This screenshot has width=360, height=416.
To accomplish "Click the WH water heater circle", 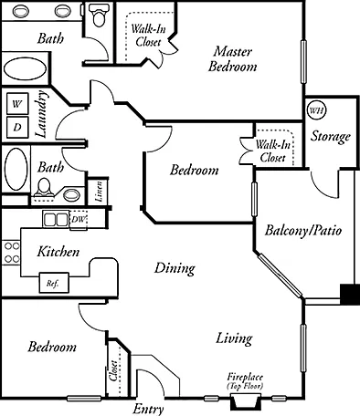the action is pos(316,109).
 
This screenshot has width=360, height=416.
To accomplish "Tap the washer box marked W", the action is pos(17,104).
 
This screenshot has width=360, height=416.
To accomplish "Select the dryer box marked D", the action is pos(17,127).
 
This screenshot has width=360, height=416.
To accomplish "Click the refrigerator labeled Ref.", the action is pos(54,283).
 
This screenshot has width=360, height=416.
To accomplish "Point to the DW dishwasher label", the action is pos(79,219).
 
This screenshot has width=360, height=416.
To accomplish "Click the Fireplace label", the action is pos(245,377).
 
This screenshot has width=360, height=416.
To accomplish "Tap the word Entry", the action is pos(148,409).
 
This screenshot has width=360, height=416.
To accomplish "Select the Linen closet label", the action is pos(98,192).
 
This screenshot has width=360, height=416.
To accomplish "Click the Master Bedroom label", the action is pos(233,59).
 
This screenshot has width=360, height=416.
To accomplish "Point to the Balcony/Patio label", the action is pos(303,230).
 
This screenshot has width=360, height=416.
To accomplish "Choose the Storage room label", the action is pos(331,136).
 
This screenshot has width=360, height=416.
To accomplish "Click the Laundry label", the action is pos(41,114).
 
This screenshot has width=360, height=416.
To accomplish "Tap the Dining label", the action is pos(175,269).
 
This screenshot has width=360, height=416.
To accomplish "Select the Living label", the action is pos(234,338).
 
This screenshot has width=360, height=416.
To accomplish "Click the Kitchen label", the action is pos(58,252).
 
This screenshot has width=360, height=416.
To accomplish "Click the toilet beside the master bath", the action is pos(98,16).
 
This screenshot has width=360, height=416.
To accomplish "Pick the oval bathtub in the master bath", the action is pos(25,68).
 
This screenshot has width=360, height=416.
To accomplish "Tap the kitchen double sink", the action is pos(56,220).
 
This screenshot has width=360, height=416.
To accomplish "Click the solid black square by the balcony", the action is pos(350,295).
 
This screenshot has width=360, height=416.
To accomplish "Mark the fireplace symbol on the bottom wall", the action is pos(246,401).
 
